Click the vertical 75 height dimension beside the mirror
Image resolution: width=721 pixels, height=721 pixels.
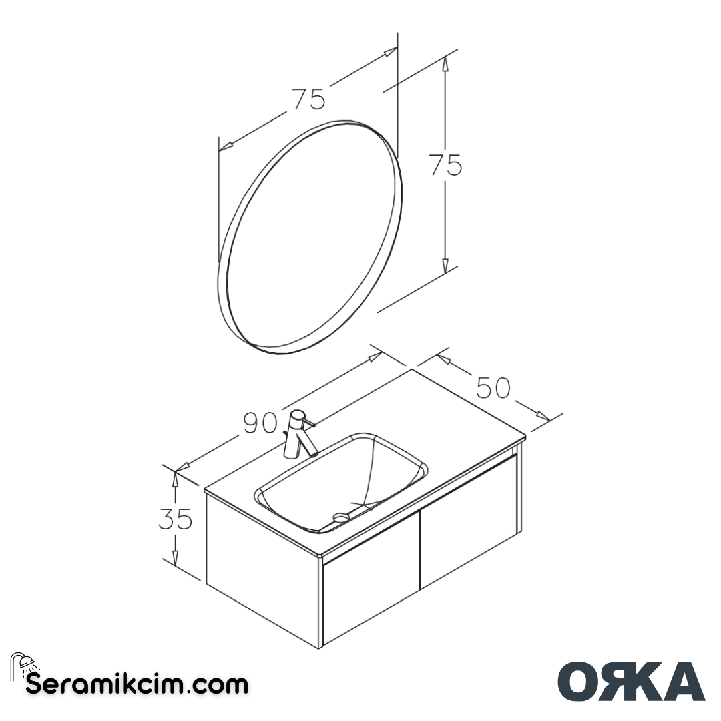[445, 165]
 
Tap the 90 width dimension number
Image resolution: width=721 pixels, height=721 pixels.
[260, 423]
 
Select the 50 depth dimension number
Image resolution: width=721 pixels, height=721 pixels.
[493, 387]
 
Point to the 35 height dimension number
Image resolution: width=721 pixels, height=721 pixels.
[175, 519]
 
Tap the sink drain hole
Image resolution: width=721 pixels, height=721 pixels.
[341, 515]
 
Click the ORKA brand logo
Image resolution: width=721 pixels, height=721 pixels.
[631, 682]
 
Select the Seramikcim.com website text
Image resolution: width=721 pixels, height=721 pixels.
[137, 684]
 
